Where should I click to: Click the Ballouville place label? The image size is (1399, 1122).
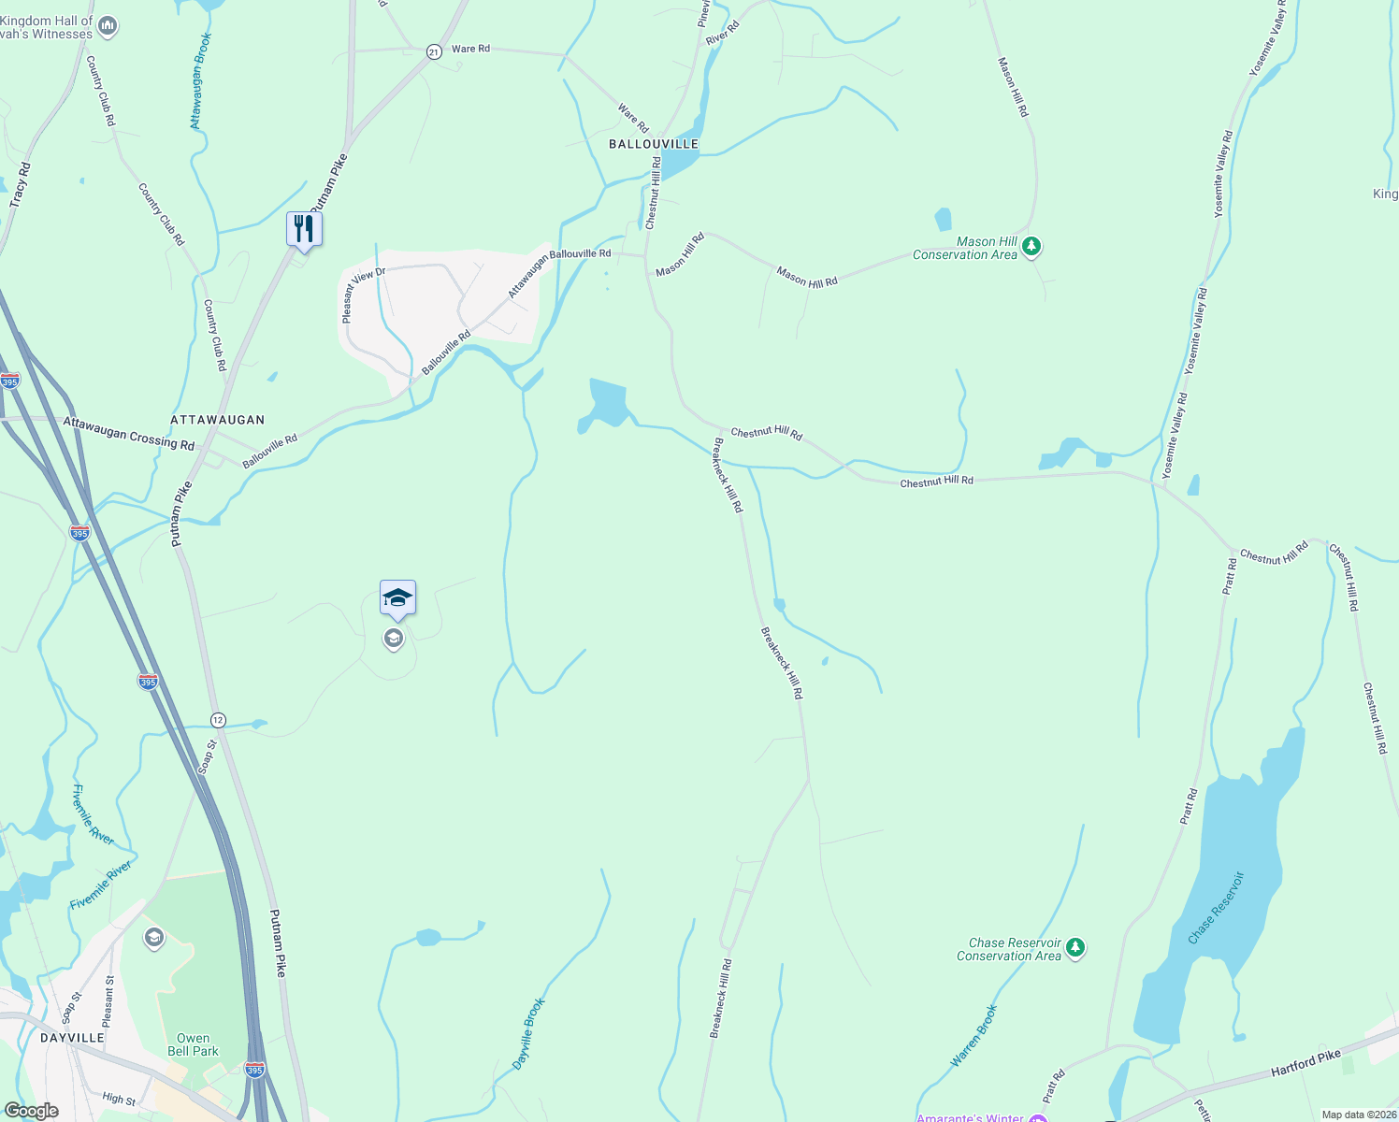point(654,144)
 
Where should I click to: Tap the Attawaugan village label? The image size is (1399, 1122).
point(218,420)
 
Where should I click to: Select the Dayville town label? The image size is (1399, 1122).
point(73,1038)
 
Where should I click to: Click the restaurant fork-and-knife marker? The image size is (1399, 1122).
point(304,228)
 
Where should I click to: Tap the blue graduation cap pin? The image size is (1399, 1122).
point(397,597)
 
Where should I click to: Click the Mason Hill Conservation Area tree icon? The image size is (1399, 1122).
point(1031,247)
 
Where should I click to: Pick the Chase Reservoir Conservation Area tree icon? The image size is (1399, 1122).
point(1075,948)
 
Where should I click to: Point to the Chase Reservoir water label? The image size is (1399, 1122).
point(1217,908)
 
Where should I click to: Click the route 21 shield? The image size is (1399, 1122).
point(434,52)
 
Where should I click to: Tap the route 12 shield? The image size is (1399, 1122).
point(218,720)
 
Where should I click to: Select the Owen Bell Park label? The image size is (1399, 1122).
point(193,1044)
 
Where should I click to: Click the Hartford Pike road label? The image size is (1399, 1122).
point(1305,1062)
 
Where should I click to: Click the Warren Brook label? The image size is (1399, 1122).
point(974,1035)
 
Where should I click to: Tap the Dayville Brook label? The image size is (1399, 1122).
point(528,1034)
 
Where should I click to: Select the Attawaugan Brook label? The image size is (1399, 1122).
point(200,81)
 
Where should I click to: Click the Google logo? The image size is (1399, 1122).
point(31,1111)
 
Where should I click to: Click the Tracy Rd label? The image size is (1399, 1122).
point(21,184)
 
